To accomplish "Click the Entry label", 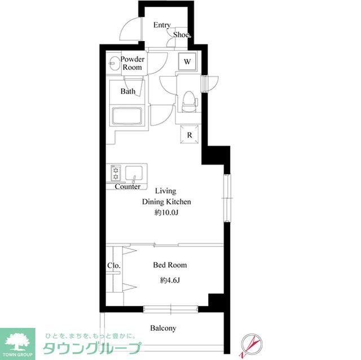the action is [162, 25].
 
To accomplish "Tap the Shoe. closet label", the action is [182, 35].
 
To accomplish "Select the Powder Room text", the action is [133, 63].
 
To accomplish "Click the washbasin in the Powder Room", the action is [114, 63].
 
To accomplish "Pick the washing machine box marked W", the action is [187, 61].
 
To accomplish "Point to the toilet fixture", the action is [189, 101].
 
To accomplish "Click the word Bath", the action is [128, 91].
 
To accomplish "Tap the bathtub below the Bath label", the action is [127, 116].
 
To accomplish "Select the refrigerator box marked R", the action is [190, 135].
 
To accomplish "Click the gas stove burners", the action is [116, 173].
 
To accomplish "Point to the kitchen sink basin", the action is [134, 173].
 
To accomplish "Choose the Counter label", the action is [127, 186].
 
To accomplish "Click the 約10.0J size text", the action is [166, 212].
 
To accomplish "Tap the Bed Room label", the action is [170, 265].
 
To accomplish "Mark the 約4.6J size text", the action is [170, 280].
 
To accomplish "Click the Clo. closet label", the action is [114, 265].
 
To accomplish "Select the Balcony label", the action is [163, 328].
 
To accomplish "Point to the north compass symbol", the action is [251, 345].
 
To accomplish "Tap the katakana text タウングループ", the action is [92, 349].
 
